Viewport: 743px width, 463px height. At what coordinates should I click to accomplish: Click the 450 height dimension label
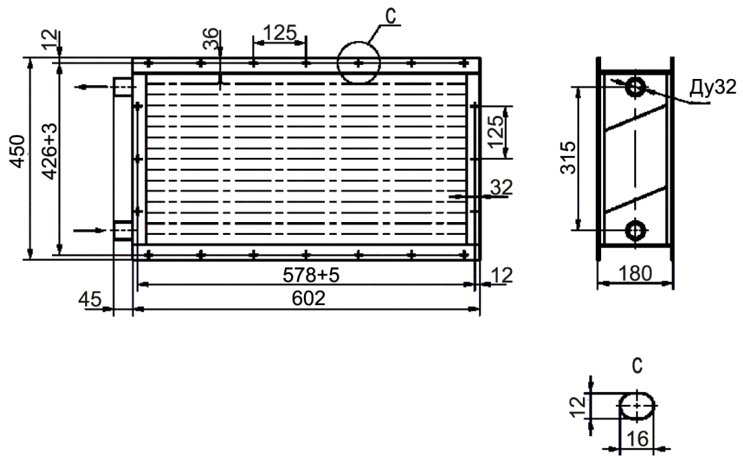18,151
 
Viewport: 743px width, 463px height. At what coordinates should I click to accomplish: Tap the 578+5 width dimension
311,275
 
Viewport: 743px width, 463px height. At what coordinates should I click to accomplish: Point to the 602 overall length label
309,298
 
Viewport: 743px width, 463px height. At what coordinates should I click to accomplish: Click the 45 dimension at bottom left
90,299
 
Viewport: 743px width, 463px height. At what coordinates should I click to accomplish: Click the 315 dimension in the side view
568,158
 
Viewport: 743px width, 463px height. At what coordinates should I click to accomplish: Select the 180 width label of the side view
636,273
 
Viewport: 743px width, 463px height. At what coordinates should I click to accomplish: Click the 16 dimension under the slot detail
638,439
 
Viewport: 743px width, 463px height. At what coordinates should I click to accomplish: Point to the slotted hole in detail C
638,406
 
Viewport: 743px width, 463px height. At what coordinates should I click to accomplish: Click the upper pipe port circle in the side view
635,86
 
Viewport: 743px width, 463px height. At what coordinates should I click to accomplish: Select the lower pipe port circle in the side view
636,231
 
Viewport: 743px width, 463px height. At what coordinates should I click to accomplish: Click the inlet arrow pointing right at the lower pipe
90,231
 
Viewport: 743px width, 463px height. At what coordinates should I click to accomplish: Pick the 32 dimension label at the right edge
501,188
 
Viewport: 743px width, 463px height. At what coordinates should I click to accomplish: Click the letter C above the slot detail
638,366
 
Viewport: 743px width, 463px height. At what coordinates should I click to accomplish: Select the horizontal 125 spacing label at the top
280,32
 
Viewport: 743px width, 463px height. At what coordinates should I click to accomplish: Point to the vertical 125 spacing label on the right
496,132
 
